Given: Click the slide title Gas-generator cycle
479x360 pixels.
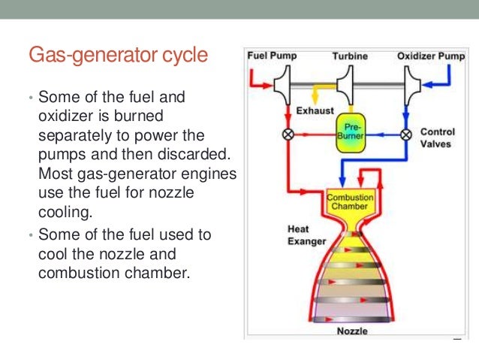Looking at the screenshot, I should point(118,56).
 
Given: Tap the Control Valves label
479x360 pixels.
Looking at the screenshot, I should point(437,138).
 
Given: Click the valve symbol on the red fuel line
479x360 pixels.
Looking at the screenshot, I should point(288,135).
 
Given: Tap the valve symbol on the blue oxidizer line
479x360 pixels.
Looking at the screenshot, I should point(406,135).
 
